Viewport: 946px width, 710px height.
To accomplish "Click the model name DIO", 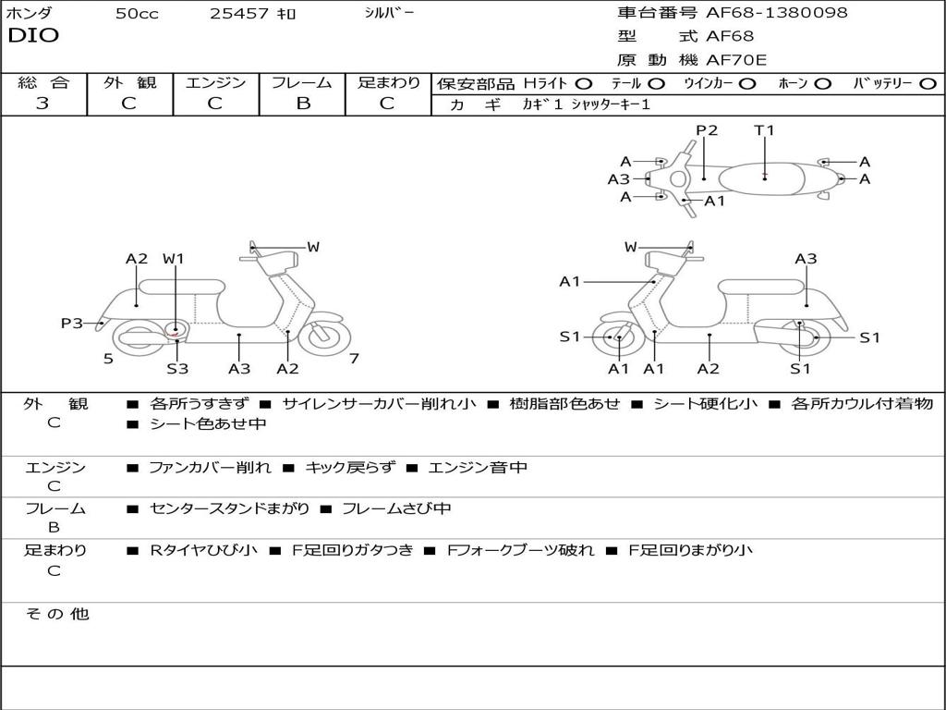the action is (33, 36).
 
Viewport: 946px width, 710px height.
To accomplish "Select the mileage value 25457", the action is (239, 14).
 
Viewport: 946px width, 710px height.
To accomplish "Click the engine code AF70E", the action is (736, 60).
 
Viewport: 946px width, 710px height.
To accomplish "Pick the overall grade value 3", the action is (42, 104).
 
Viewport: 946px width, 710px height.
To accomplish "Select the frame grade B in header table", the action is (302, 104).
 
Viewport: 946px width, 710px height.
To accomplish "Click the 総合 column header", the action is (43, 83).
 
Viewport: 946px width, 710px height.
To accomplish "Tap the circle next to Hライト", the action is (584, 84).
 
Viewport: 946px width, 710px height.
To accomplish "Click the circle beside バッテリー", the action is (928, 84).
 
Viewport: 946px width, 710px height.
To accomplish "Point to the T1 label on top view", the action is (764, 130).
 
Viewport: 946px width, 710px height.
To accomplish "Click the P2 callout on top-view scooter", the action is (707, 130).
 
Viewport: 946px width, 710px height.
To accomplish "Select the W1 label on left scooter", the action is (174, 259).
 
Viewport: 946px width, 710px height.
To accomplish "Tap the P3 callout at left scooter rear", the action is (72, 323).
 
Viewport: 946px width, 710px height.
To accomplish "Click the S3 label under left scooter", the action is (177, 369).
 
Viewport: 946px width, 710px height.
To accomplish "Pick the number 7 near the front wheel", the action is (354, 359).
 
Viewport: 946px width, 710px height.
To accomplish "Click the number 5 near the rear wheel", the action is (108, 359).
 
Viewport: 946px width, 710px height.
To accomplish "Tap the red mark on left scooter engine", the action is (176, 330).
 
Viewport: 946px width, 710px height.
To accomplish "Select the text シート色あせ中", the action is (208, 424).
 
